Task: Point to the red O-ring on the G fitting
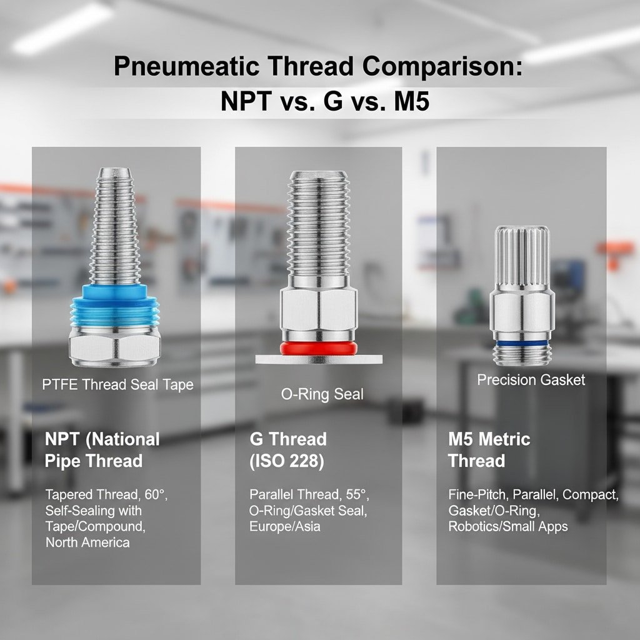coord(318,347)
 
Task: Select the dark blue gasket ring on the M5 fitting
coord(522,343)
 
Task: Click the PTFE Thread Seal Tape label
coord(117,384)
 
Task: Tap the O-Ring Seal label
coord(322,394)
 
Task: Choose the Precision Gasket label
coord(531,379)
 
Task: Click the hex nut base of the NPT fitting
coord(115,346)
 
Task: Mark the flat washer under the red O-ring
coord(319,359)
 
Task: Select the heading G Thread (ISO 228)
coord(288,450)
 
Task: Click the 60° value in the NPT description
coord(156,494)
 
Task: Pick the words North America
coord(87,542)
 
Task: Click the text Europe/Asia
coord(284,526)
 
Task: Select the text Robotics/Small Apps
coord(507,526)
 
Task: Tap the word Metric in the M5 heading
coord(504,439)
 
